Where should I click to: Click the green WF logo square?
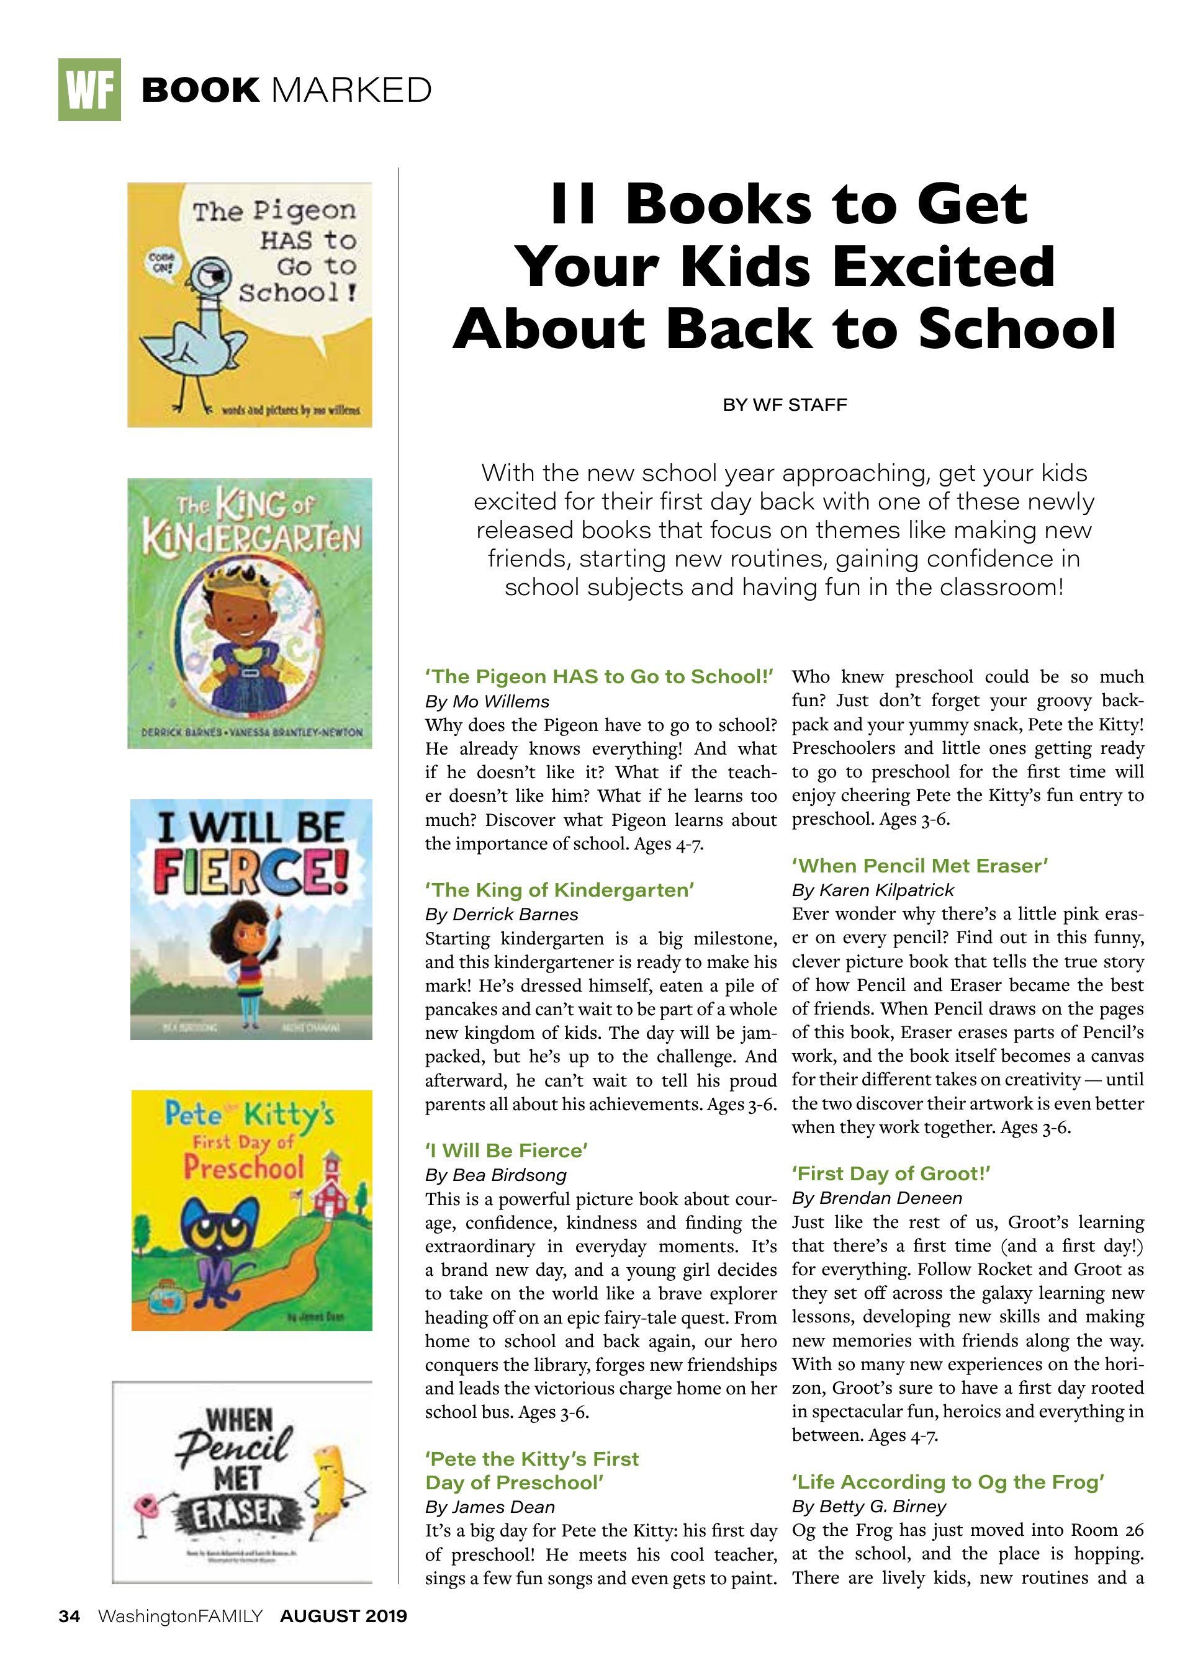(89, 90)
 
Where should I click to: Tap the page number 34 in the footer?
(69, 1616)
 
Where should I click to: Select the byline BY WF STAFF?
(785, 405)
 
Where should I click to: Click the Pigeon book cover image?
(250, 305)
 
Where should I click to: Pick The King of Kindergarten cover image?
(250, 612)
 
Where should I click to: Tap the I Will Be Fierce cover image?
(251, 919)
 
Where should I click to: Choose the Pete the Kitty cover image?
(251, 1211)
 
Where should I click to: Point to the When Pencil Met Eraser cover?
(243, 1482)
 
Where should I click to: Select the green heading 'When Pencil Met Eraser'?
(920, 866)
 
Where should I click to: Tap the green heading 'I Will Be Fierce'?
(507, 1150)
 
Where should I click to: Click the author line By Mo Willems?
(487, 702)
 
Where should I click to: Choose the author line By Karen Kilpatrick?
(873, 890)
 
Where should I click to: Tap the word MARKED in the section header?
(352, 91)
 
